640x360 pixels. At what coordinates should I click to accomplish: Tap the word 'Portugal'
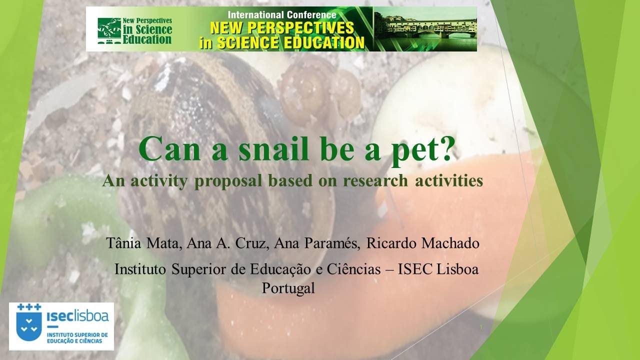pyautogui.click(x=288, y=288)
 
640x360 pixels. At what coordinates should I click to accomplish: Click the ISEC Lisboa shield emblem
pyautogui.click(x=29, y=322)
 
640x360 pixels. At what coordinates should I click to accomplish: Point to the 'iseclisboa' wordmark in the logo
pyautogui.click(x=77, y=316)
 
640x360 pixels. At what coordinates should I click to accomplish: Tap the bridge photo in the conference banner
pyautogui.click(x=425, y=29)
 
